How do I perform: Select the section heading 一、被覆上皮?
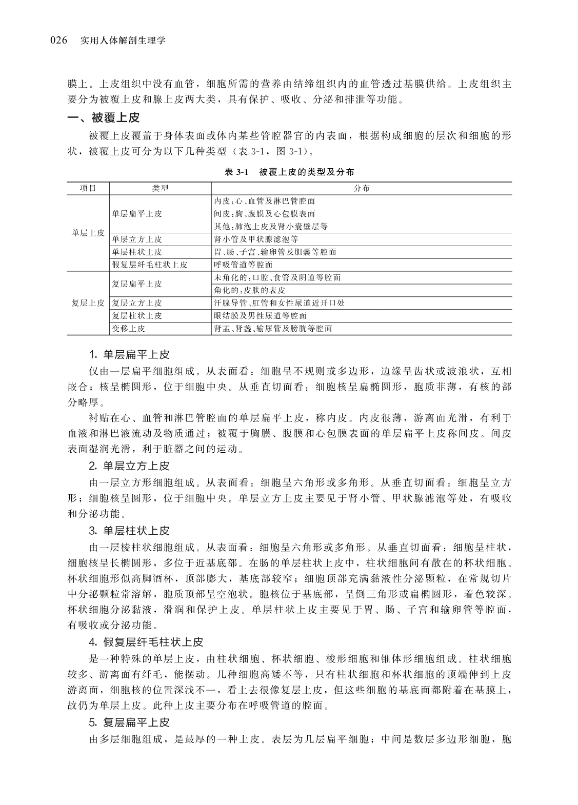[104, 118]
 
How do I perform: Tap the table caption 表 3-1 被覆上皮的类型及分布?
[289, 172]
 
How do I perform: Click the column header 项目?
[88, 189]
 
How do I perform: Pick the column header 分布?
[362, 189]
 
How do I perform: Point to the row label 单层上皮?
[88, 233]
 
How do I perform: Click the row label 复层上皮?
[88, 303]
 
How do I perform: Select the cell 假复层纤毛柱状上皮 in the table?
[149, 265]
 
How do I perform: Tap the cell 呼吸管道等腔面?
[243, 265]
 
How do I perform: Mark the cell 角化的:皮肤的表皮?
[249, 290]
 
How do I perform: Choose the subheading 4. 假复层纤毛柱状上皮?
[146, 642]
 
